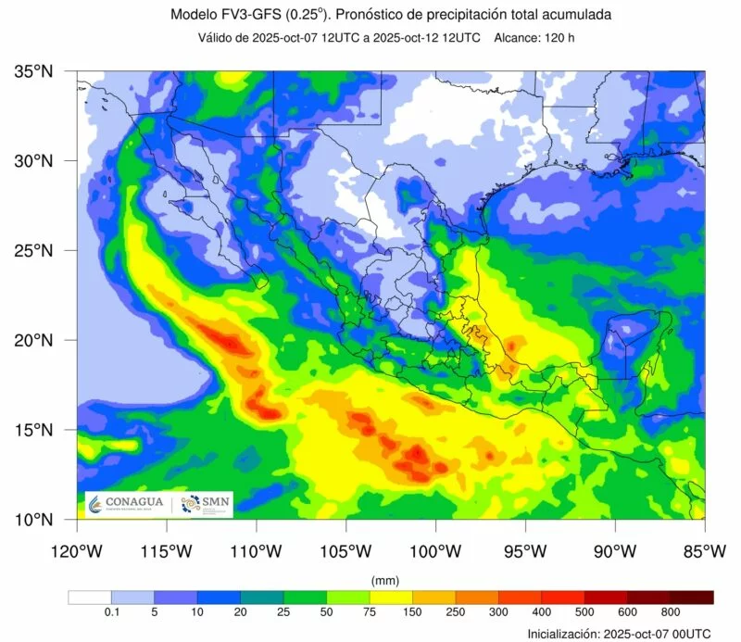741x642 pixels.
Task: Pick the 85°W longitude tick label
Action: [x=704, y=552]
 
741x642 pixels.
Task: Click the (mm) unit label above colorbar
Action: [x=383, y=580]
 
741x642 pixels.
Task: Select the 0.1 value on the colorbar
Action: [x=111, y=612]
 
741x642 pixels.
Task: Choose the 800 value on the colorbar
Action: [x=671, y=612]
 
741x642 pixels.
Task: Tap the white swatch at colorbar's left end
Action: [x=90, y=597]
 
